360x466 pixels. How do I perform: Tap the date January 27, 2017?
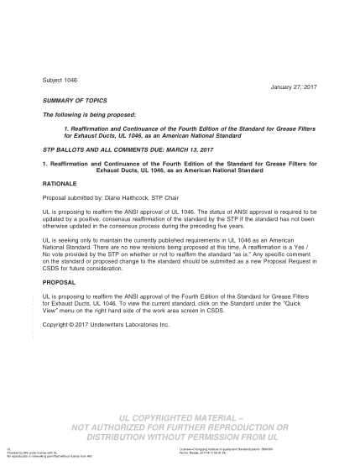click(x=292, y=86)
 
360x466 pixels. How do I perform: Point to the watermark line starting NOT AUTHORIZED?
click(x=180, y=427)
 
